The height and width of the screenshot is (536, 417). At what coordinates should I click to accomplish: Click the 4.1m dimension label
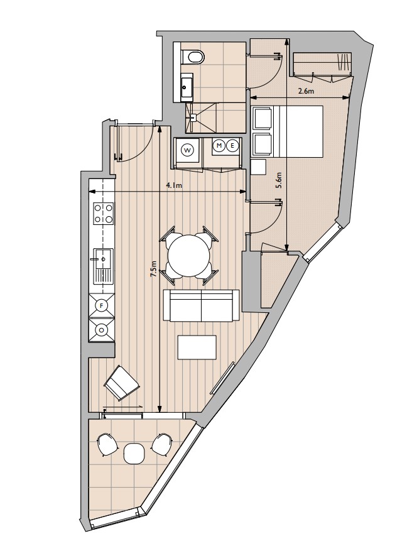click(x=174, y=185)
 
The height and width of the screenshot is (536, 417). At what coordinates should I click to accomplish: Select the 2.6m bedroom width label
click(x=306, y=91)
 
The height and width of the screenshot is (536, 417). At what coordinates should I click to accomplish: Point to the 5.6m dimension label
click(x=279, y=180)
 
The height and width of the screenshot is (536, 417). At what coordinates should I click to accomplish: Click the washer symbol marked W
click(x=187, y=150)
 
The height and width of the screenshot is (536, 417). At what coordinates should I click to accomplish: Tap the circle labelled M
click(x=219, y=146)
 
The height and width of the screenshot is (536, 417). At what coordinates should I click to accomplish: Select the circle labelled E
click(x=232, y=146)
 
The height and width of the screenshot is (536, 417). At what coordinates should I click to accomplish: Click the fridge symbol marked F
click(x=102, y=305)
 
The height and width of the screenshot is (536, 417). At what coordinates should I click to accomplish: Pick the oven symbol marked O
click(x=102, y=330)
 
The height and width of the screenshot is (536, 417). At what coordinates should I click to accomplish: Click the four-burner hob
click(x=104, y=213)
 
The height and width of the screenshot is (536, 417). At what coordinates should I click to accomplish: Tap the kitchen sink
click(x=104, y=266)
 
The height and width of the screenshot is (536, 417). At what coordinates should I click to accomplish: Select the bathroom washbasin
click(x=187, y=87)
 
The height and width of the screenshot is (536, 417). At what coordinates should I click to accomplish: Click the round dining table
click(x=189, y=255)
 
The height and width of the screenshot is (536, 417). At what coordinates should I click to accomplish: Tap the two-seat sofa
click(x=201, y=305)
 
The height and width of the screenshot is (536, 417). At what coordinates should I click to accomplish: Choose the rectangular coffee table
click(x=197, y=347)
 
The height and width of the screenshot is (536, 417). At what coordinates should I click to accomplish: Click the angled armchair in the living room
click(x=122, y=383)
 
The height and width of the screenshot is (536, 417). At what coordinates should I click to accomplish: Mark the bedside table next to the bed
click(x=258, y=167)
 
